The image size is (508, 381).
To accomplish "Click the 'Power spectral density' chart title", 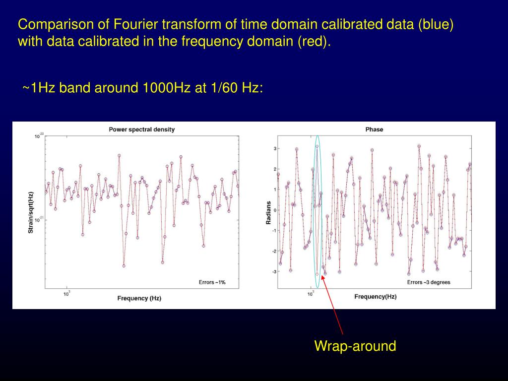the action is pyautogui.click(x=141, y=129).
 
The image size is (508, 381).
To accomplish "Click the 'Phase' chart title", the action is pyautogui.click(x=374, y=129).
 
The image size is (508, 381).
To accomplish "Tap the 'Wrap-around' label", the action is pyautogui.click(x=355, y=346).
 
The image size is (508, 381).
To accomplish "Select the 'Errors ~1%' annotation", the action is pyautogui.click(x=212, y=282).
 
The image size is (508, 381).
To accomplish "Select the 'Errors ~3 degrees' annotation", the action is pyautogui.click(x=429, y=282).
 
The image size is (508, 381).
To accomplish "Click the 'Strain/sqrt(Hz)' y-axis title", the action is pyautogui.click(x=31, y=212).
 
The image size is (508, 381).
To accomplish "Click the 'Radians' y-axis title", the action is pyautogui.click(x=268, y=212).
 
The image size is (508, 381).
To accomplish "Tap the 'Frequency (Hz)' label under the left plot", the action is pyautogui.click(x=139, y=298).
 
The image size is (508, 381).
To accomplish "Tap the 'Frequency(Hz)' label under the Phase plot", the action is pyautogui.click(x=375, y=297).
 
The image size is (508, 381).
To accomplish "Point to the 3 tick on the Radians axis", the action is pyautogui.click(x=275, y=149).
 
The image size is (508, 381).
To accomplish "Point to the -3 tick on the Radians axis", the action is pyautogui.click(x=274, y=271).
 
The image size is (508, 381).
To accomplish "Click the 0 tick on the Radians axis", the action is pyautogui.click(x=275, y=210).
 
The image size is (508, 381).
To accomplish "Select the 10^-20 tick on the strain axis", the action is pyautogui.click(x=39, y=136).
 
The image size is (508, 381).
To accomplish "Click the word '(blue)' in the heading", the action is pyautogui.click(x=436, y=25).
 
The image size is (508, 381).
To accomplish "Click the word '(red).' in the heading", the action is pyautogui.click(x=314, y=42).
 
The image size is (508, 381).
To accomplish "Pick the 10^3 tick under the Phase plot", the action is pyautogui.click(x=311, y=294).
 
